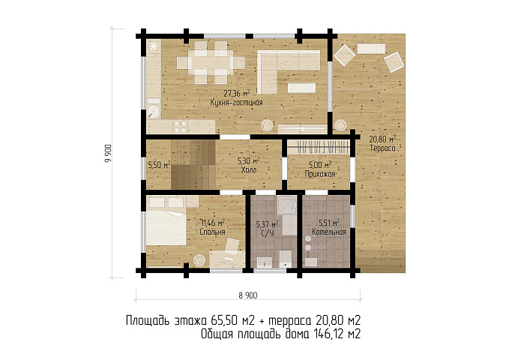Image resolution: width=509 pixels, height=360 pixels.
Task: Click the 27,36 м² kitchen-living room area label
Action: point(237,94)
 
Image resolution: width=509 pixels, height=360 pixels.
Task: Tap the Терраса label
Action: point(383,148)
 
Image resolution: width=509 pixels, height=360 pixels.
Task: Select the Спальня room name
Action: point(212,232)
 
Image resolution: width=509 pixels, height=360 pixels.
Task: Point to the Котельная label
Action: point(329,232)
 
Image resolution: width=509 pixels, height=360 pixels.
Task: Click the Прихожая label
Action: point(320,174)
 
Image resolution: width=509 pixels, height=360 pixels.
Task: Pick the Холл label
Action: point(249,170)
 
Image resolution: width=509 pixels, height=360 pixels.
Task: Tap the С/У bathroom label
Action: point(267,233)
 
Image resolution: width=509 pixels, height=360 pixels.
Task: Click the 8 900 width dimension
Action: point(248,295)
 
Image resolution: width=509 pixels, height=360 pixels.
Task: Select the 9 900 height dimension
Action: point(109,154)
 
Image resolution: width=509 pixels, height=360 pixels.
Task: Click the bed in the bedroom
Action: point(166,227)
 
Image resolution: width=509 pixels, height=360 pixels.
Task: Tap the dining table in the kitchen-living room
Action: point(211,63)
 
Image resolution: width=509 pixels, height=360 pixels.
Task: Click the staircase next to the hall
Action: point(193,164)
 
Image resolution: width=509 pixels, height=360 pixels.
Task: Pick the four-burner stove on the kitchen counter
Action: point(180,127)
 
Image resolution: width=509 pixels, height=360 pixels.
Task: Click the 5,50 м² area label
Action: point(159,165)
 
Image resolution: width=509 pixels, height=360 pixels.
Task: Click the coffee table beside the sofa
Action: point(301,88)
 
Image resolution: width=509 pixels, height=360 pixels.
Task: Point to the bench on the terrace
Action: point(371,49)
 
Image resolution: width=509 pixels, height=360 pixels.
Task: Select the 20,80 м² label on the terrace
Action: point(383,139)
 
